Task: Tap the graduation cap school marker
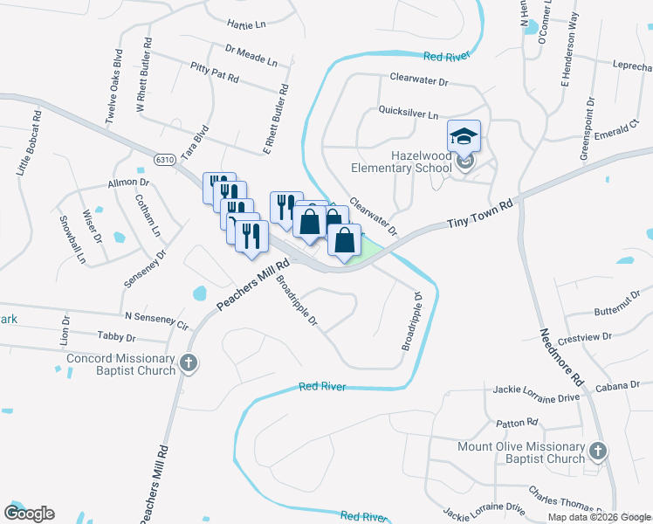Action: pyautogui.click(x=464, y=135)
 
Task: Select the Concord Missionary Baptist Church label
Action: pyautogui.click(x=121, y=364)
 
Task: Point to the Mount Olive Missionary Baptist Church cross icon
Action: pyautogui.click(x=597, y=452)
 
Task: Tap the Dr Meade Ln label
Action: pyautogui.click(x=251, y=56)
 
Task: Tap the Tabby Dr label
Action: pyautogui.click(x=116, y=337)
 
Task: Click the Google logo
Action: pyautogui.click(x=30, y=514)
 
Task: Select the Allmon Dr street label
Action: pyautogui.click(x=128, y=183)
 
